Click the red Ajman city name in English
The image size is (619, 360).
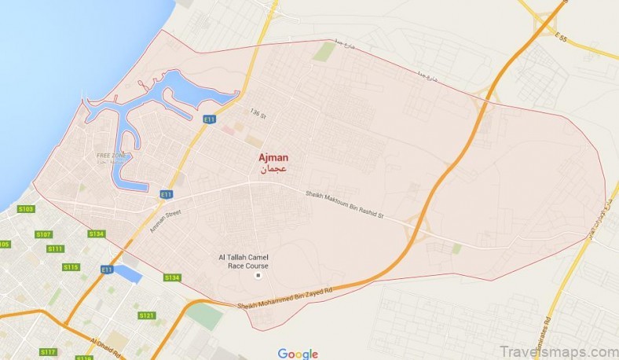pos(273,157)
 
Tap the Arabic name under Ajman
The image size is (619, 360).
pos(274,169)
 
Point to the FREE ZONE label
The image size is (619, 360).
pos(111,156)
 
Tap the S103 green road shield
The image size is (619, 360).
pos(26,209)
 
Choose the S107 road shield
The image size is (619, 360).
pos(43,234)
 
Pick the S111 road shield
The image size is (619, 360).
pos(55,249)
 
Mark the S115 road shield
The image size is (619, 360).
pos(71,267)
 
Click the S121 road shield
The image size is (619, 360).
pos(147,315)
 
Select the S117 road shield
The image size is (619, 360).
pos(49,351)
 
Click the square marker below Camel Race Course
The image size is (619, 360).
pos(257,275)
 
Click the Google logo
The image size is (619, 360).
pos(298,353)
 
